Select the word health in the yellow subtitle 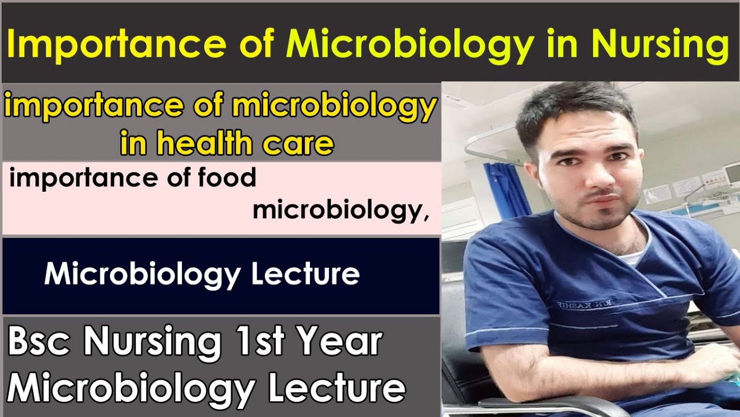[x=205, y=143]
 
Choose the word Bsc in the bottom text [x=40, y=343]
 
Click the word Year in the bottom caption [x=341, y=343]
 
